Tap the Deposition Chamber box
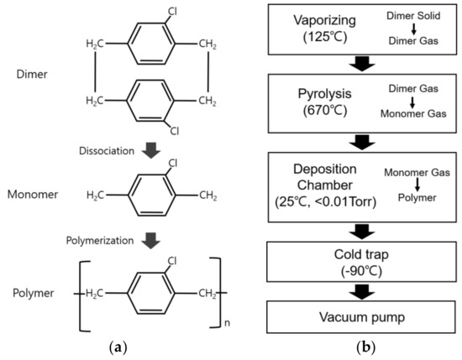[358, 179]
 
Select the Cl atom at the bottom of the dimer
[174, 131]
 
